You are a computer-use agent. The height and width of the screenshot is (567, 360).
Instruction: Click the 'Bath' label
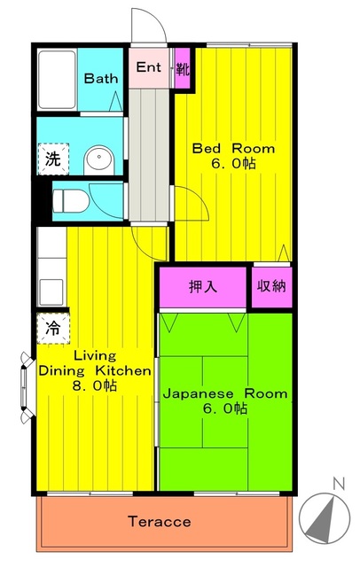(x=101, y=79)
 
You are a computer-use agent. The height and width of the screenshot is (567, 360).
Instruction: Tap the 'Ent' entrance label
(x=148, y=68)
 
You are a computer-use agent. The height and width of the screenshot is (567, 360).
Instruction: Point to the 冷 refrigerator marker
(x=53, y=328)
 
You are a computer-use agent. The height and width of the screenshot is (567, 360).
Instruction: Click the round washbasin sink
(x=97, y=161)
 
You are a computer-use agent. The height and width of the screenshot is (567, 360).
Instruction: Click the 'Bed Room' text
(x=234, y=149)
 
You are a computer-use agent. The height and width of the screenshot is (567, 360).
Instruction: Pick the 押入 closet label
(x=202, y=287)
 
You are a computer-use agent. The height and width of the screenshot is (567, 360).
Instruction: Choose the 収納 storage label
(x=271, y=287)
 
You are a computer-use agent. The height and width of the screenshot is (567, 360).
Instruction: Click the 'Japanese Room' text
(x=224, y=393)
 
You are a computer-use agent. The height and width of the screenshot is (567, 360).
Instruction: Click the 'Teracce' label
(x=160, y=521)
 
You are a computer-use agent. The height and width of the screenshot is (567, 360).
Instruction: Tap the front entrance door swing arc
(x=145, y=24)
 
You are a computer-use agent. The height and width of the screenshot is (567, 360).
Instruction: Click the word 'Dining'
(x=60, y=369)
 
